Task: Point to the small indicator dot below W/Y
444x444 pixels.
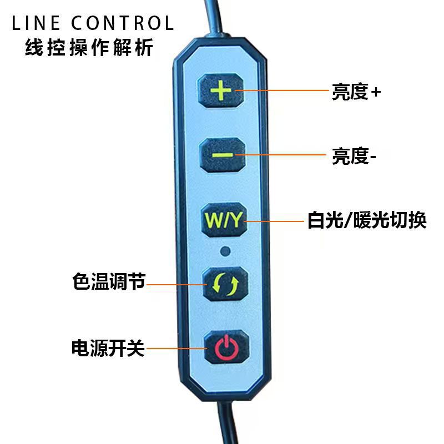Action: click(225, 251)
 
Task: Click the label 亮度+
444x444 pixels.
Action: click(356, 92)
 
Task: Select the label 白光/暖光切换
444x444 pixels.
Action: click(367, 221)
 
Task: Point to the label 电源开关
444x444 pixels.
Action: click(108, 348)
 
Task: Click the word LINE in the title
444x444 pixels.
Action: click(36, 23)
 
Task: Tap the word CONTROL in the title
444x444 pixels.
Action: click(123, 23)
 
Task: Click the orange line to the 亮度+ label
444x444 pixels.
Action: click(283, 90)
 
